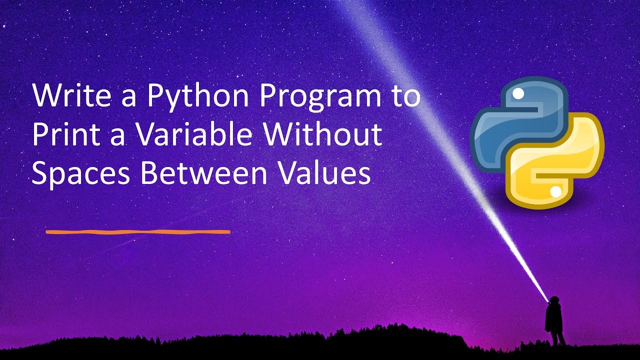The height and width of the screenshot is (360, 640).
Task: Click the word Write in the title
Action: click(70, 96)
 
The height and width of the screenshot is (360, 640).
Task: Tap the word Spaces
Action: click(80, 174)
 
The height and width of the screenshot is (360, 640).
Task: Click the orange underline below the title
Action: click(137, 232)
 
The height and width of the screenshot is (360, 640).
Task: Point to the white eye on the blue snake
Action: click(518, 93)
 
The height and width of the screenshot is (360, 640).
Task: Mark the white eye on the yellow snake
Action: click(554, 191)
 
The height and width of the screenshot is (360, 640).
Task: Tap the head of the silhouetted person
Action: click(553, 300)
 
